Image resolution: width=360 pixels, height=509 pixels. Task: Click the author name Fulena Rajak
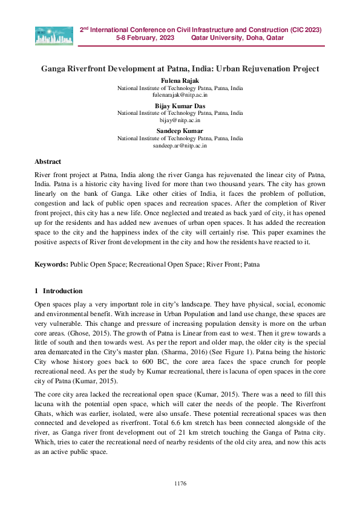180,80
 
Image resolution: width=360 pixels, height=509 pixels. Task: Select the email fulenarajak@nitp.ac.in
180,95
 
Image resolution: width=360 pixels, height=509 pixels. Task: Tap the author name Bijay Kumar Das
180,106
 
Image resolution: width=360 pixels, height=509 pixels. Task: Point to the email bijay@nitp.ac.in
180,120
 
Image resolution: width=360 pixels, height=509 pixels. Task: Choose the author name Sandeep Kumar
180,131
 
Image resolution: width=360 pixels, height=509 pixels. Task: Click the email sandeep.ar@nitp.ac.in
180,146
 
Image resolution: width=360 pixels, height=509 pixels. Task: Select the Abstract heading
48,162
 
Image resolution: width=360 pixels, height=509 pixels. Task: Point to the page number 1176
180,483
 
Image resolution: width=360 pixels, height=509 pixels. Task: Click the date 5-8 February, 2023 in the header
145,37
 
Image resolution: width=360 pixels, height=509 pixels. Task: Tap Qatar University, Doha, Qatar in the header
237,37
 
